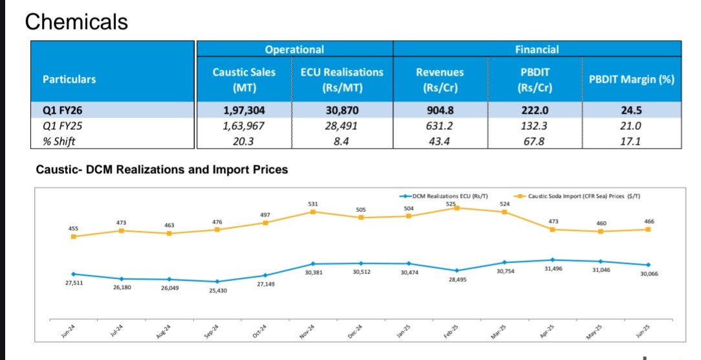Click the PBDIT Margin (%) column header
pyautogui.click(x=632, y=79)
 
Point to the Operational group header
pyautogui.click(x=294, y=49)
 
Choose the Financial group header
pyautogui.click(x=537, y=49)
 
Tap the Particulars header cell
pyautogui.click(x=69, y=79)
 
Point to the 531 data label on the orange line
pyautogui.click(x=313, y=204)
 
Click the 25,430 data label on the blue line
pyautogui.click(x=217, y=291)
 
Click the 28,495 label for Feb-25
pyautogui.click(x=457, y=280)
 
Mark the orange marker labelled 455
pyautogui.click(x=74, y=237)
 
